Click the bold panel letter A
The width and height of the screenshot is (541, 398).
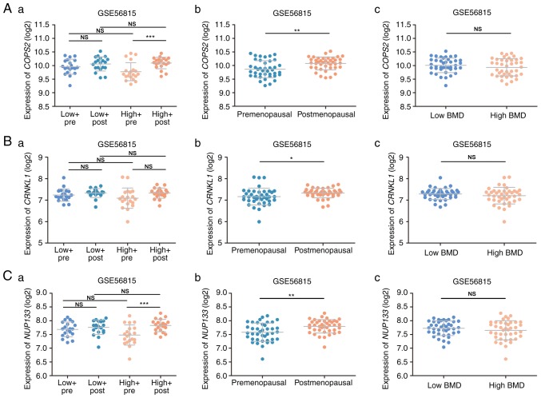coord(7,7)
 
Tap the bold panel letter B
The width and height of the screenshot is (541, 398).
coord(7,139)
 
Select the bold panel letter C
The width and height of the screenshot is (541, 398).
coord(7,272)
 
